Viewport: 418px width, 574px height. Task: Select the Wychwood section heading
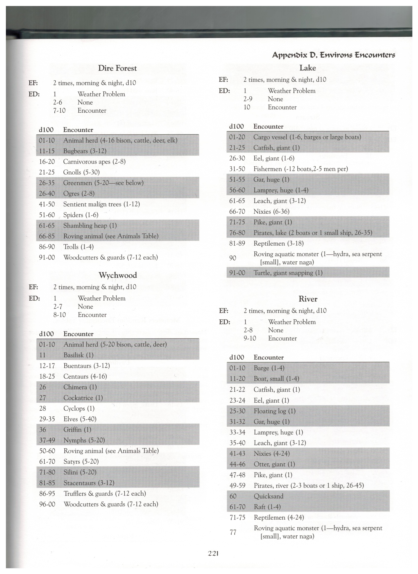coord(118,275)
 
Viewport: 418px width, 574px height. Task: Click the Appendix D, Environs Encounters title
coord(333,55)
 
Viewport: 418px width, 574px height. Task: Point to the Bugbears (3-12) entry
coord(85,151)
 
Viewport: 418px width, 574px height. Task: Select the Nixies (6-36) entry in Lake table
coord(271,212)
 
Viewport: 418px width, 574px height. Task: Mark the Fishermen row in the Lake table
coord(300,169)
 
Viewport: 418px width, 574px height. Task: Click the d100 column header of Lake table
coord(236,127)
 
